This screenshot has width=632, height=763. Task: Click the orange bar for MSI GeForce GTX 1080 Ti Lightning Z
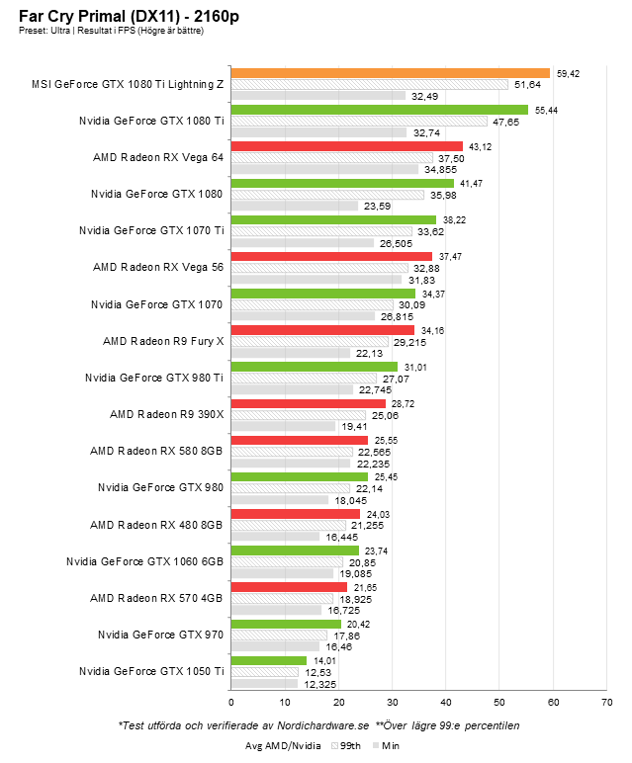coord(390,73)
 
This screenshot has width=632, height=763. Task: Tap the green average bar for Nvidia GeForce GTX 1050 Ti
coord(268,660)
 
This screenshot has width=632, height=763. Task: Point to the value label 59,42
coord(568,73)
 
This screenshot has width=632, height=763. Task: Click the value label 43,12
coord(480,146)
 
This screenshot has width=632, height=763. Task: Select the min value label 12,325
coord(318,683)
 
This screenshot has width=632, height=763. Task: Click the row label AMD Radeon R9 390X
coord(167,414)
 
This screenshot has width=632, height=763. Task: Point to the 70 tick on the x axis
coord(605,702)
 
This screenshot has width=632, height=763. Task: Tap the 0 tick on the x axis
coord(231,702)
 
